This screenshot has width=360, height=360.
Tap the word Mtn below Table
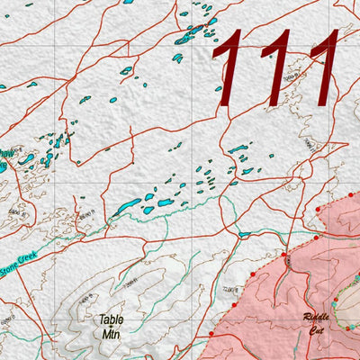[110, 333]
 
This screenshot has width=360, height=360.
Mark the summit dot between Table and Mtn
[111, 327]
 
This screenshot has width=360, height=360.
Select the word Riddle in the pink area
[318, 319]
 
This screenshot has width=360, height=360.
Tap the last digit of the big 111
[320, 61]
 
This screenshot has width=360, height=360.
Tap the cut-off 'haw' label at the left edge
[6, 155]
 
